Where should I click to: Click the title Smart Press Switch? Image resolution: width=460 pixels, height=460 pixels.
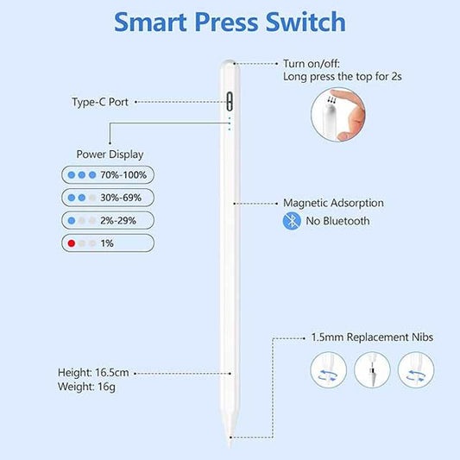[230, 22]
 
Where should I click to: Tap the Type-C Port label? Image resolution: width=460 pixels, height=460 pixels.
[99, 102]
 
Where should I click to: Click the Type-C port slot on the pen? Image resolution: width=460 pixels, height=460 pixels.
[230, 101]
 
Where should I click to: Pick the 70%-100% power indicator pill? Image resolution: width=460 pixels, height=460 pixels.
[108, 174]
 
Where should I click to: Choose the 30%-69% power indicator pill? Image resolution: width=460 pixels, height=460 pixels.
[108, 198]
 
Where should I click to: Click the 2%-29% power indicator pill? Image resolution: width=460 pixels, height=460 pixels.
[108, 221]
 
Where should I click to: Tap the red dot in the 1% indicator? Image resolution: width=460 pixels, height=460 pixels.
[70, 244]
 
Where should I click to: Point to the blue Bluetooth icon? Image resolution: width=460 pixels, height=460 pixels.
[293, 222]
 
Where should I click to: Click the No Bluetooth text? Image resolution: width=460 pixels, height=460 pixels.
[338, 222]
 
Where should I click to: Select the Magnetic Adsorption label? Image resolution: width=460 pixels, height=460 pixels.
[333, 204]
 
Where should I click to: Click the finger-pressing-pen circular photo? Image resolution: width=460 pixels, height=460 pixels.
[337, 116]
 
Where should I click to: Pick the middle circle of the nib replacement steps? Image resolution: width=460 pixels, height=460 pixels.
[377, 372]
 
